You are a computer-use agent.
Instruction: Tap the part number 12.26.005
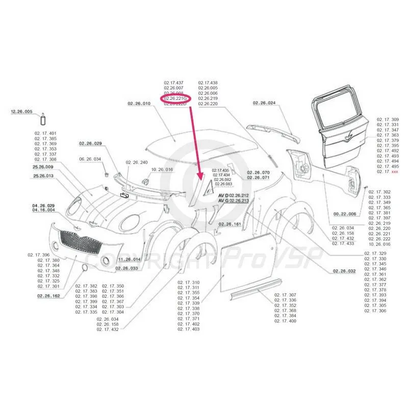pyautogui.click(x=21, y=111)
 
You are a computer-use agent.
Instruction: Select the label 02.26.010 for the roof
pyautogui.click(x=139, y=104)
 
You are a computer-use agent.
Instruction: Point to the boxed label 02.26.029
pyautogui.click(x=91, y=143)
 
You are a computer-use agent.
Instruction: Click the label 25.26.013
pyautogui.click(x=43, y=176)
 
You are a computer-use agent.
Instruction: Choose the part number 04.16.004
pyautogui.click(x=43, y=210)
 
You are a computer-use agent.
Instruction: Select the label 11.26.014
pyautogui.click(x=130, y=259)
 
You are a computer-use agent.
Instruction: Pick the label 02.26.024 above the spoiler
pyautogui.click(x=264, y=104)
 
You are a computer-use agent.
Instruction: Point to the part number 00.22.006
pyautogui.click(x=345, y=214)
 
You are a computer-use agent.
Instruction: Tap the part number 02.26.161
pyautogui.click(x=231, y=224)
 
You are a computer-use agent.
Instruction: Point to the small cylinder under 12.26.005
pyautogui.click(x=43, y=119)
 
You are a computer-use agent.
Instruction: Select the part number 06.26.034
pyautogui.click(x=91, y=159)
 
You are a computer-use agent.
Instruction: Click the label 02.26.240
pyautogui.click(x=136, y=162)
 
